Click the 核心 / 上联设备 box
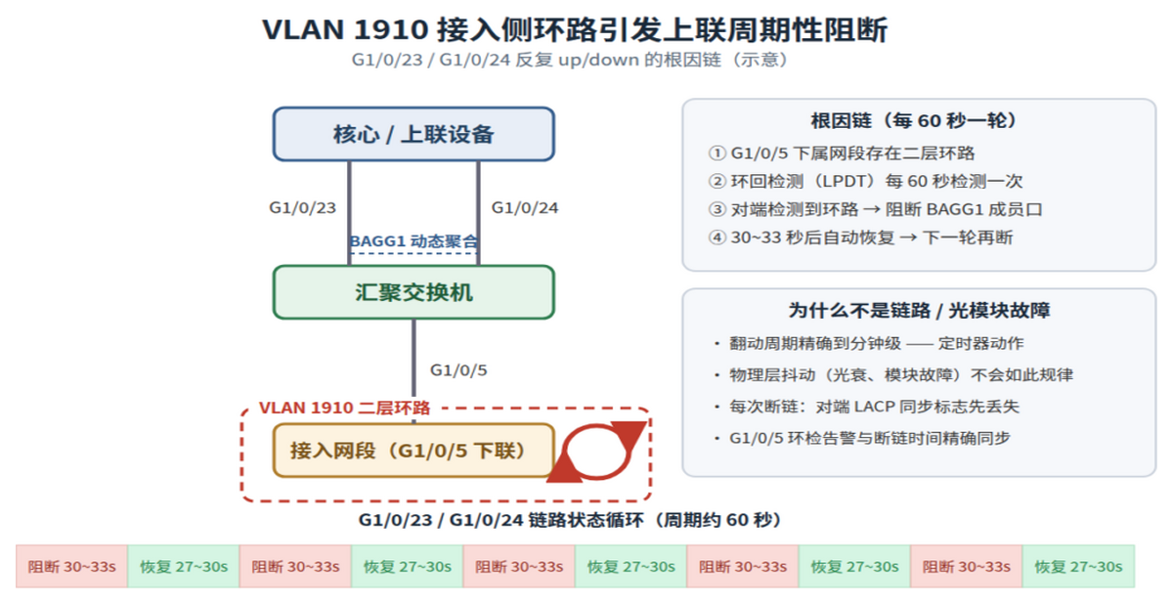(x=413, y=134)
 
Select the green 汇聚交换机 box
(x=413, y=292)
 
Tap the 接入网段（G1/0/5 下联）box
(x=413, y=451)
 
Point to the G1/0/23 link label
(x=302, y=208)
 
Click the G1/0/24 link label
(x=525, y=208)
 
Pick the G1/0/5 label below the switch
(x=458, y=370)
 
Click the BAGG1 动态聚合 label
(x=413, y=241)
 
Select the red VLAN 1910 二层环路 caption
(x=344, y=408)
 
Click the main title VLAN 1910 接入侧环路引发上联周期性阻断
(x=575, y=29)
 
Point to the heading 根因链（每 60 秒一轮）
(x=914, y=121)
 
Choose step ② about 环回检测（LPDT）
(x=865, y=181)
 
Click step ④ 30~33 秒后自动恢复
(x=860, y=237)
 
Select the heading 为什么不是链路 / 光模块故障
(x=919, y=311)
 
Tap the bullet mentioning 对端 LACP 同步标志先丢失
(x=867, y=407)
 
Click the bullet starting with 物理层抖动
(x=893, y=375)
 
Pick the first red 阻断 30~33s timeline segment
(x=71, y=566)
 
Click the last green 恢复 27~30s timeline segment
(x=1078, y=566)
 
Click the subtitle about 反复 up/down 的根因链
(x=569, y=60)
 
